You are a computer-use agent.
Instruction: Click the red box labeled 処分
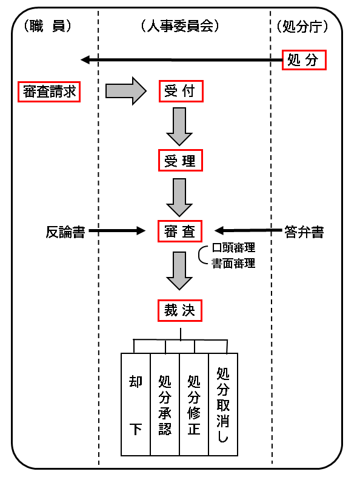pyautogui.click(x=304, y=60)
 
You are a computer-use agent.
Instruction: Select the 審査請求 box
pyautogui.click(x=49, y=92)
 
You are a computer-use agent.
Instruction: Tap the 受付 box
pyautogui.click(x=181, y=92)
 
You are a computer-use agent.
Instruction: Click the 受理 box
pyautogui.click(x=181, y=161)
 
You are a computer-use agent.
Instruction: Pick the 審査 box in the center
pyautogui.click(x=180, y=231)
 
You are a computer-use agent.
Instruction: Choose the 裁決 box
pyautogui.click(x=180, y=310)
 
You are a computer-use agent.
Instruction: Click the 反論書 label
pyautogui.click(x=65, y=232)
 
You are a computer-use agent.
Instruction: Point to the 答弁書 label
pyautogui.click(x=304, y=232)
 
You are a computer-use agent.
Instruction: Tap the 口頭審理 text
pyautogui.click(x=233, y=248)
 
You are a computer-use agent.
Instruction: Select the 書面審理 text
pyautogui.click(x=233, y=263)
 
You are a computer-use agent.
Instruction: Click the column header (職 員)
pyautogui.click(x=47, y=26)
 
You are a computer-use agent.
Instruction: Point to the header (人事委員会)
pyautogui.click(x=181, y=26)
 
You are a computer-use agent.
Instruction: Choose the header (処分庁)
pyautogui.click(x=302, y=27)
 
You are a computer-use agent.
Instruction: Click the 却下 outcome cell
pyautogui.click(x=136, y=405)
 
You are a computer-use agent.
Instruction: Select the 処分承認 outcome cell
pyautogui.click(x=165, y=405)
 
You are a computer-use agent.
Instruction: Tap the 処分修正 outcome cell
pyautogui.click(x=194, y=405)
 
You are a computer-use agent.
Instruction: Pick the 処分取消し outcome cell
pyautogui.click(x=223, y=405)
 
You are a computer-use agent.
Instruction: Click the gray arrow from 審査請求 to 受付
pyautogui.click(x=126, y=91)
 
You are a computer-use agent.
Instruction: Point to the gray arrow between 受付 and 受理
pyautogui.click(x=179, y=127)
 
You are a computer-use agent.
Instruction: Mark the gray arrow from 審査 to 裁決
pyautogui.click(x=179, y=271)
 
